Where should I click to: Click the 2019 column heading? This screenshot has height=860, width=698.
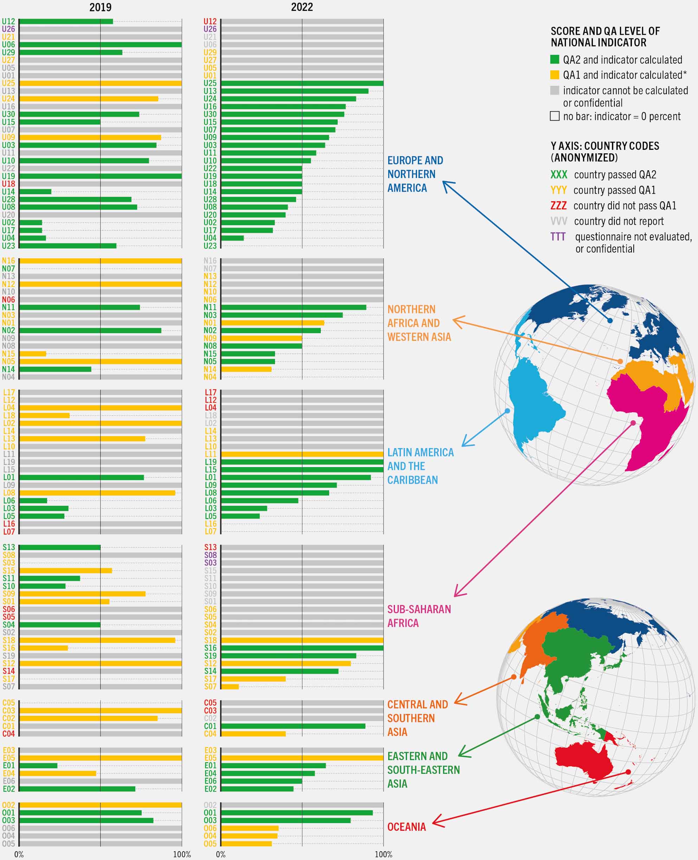coord(100,7)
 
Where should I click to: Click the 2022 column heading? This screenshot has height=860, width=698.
coord(302,7)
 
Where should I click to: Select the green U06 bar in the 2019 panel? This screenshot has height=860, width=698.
coord(100,45)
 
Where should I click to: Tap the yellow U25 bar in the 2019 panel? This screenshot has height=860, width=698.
coord(100,83)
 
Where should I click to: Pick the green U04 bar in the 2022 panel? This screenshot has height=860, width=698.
coord(232,238)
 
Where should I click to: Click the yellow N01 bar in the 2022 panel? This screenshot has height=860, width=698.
coord(273,323)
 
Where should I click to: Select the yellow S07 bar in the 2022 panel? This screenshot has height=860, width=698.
coord(230,686)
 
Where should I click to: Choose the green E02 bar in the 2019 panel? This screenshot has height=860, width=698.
coord(77,789)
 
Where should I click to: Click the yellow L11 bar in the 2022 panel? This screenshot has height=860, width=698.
coord(302,454)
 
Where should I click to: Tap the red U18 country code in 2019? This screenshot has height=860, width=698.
coord(8,184)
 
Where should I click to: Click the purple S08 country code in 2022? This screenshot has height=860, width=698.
coord(210,555)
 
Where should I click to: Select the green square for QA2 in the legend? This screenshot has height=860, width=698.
coord(555,59)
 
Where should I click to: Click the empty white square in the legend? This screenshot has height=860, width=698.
coord(555,116)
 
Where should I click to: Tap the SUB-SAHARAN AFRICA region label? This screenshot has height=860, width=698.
coord(418,616)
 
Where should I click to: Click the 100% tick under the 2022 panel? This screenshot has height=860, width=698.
coord(383,854)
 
